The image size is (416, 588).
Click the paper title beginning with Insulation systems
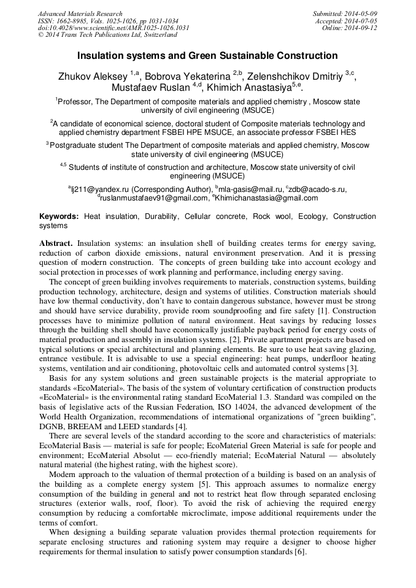[207, 56]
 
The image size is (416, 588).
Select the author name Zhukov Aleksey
[93, 76]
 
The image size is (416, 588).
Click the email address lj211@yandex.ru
[98, 189]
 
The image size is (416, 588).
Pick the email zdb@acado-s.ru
[318, 189]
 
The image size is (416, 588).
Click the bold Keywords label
[59, 217]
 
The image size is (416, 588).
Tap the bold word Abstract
[56, 243]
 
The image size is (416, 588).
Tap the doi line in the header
[114, 28]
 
